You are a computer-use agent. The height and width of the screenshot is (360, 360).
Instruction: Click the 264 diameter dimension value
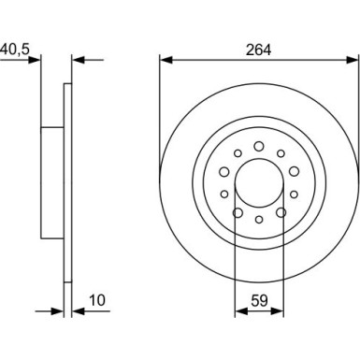coord(258,50)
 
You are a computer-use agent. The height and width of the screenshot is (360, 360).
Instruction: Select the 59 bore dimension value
coord(259,301)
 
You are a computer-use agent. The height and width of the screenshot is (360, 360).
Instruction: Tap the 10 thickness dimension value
coord(97,300)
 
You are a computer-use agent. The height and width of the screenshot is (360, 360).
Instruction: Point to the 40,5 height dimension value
coord(15,49)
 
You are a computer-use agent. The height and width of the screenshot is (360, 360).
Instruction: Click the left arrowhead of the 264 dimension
coord(166,60)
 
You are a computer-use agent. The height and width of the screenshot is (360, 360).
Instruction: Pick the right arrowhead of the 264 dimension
coord(353,60)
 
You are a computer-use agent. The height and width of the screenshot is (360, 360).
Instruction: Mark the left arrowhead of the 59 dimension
coord(241,310)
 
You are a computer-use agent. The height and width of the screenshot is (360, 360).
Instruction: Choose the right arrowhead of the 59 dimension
coord(278,310)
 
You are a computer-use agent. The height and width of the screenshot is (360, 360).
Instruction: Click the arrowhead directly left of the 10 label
coord(79,310)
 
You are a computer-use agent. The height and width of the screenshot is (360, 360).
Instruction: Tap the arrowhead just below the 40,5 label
coord(35,60)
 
